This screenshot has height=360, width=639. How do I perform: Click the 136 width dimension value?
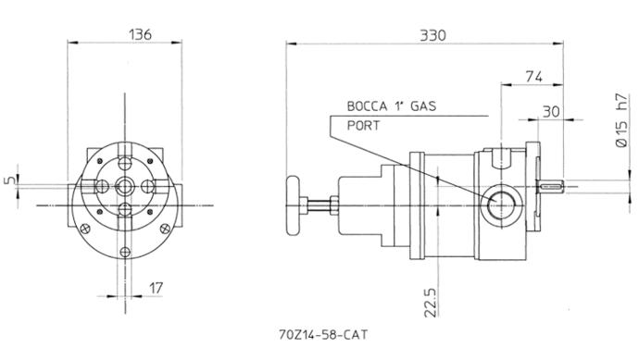click(x=140, y=34)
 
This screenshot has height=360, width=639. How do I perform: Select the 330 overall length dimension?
click(x=432, y=35)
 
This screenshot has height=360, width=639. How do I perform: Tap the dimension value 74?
click(x=533, y=76)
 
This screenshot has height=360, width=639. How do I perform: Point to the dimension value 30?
click(x=551, y=111)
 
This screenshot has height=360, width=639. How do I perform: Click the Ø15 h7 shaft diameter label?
click(x=622, y=121)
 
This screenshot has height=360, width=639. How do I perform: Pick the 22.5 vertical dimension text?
click(x=431, y=303)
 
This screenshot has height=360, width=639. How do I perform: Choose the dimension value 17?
click(x=156, y=288)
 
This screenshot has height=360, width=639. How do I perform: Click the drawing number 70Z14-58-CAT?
click(x=323, y=335)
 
